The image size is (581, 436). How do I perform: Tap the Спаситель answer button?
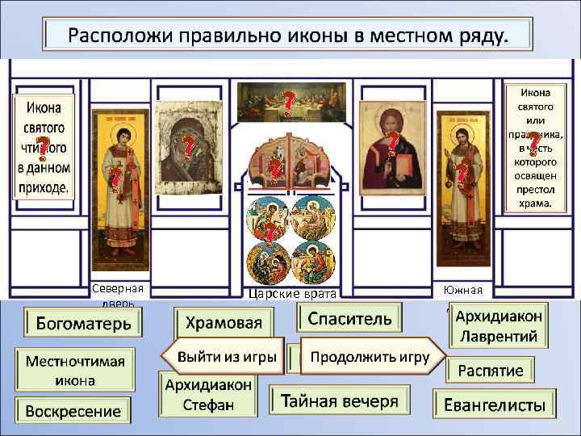click(349, 318)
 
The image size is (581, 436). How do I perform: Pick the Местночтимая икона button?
click(77, 370)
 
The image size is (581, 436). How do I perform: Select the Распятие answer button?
click(491, 371)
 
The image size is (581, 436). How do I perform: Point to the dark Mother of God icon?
click(186, 149)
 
